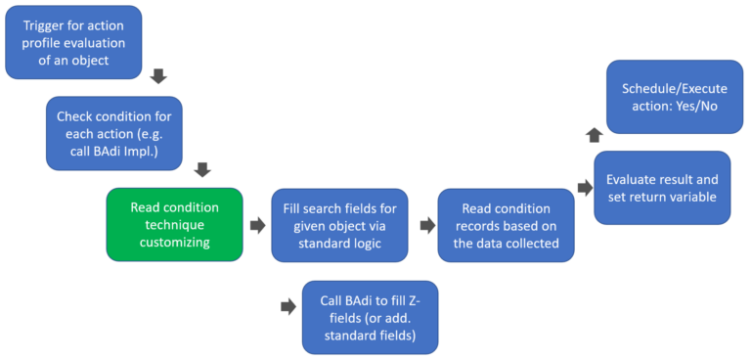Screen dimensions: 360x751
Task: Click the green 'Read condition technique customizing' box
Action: pos(174,225)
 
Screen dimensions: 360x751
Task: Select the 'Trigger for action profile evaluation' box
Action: pos(73,42)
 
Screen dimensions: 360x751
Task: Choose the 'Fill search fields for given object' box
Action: pos(339,225)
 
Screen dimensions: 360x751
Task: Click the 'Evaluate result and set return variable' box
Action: pos(662,188)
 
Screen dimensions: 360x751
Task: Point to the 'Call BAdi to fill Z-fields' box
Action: pos(370,317)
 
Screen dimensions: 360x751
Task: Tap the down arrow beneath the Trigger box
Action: pos(159,75)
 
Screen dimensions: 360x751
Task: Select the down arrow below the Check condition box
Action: pos(203,169)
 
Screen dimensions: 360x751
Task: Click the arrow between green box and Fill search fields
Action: pos(257,225)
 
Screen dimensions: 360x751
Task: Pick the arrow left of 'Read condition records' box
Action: pos(426,225)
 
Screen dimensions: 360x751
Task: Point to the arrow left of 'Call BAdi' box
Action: pos(287,306)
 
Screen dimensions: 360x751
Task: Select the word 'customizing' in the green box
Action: pos(174,243)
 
